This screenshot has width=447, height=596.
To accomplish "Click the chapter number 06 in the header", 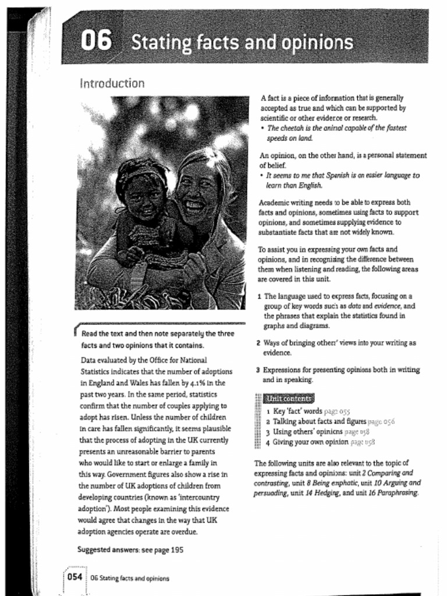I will point(95,41).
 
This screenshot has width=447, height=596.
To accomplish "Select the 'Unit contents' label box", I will point(289,399).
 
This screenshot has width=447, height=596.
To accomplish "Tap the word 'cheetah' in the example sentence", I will point(295,128).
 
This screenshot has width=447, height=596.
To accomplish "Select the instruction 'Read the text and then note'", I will point(157,334).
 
